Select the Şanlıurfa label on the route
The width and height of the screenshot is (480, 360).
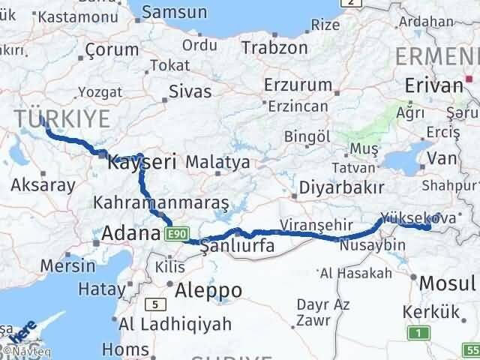(x=235, y=246)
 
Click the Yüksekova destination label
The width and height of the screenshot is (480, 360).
(x=408, y=217)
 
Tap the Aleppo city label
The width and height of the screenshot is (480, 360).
(x=208, y=290)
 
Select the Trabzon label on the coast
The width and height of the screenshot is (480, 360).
(x=274, y=47)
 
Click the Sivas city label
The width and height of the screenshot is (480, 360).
(x=190, y=91)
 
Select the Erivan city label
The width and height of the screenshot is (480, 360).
(x=434, y=85)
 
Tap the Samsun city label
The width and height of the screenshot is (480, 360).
(x=174, y=12)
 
